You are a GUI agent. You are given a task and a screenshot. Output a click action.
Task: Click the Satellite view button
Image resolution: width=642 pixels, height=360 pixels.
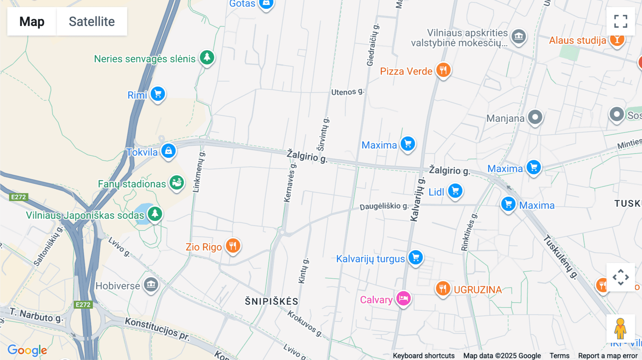pos(92,21)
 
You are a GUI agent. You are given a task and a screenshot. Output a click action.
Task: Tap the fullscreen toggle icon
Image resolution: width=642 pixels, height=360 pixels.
pos(621,21)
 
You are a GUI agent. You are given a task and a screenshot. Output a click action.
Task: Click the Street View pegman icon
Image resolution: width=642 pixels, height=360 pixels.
pos(620,328)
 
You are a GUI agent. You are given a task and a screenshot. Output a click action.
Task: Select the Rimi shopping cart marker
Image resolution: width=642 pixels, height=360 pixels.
pos(158,94)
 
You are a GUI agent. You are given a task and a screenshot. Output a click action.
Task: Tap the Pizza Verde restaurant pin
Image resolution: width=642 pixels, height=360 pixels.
pos(443,70)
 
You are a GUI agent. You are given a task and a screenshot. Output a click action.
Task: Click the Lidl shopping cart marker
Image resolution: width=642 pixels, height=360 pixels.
pos(455,191)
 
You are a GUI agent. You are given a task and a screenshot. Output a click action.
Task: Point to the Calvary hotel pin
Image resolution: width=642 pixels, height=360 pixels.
pos(403,299)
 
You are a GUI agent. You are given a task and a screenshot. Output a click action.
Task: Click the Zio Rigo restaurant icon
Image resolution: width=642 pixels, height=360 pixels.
pos(233,246)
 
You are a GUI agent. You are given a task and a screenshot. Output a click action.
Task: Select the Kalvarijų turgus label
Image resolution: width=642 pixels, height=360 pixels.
pos(370,259)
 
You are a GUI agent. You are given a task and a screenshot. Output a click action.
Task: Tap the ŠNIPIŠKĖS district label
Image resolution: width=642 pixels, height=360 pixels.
pos(271,302)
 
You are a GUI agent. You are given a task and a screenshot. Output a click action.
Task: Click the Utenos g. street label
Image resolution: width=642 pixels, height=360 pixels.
pos(347,92)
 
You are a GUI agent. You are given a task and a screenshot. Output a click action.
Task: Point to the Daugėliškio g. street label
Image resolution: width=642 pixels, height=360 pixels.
pos(384,206)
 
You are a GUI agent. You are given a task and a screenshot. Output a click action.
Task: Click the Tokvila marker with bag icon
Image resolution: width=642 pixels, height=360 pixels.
pos(168,151)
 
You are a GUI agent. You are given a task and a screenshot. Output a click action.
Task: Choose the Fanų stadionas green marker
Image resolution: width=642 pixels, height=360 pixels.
pos(177,183)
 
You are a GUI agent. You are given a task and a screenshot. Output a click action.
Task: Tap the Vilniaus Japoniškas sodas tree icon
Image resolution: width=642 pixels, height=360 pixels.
pos(155,214)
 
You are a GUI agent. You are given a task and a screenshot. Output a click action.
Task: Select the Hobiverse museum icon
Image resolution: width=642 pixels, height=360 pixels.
pos(151,284)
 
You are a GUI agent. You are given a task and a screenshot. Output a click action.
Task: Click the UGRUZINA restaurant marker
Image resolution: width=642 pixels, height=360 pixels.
pos(443,288)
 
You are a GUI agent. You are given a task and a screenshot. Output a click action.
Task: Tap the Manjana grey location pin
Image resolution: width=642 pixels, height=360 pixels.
pos(535,117)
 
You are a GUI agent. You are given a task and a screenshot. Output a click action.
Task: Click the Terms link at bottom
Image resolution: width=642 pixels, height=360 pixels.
pos(559,356)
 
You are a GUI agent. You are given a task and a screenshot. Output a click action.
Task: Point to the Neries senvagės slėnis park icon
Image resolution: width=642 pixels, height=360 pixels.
pos(207,57)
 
